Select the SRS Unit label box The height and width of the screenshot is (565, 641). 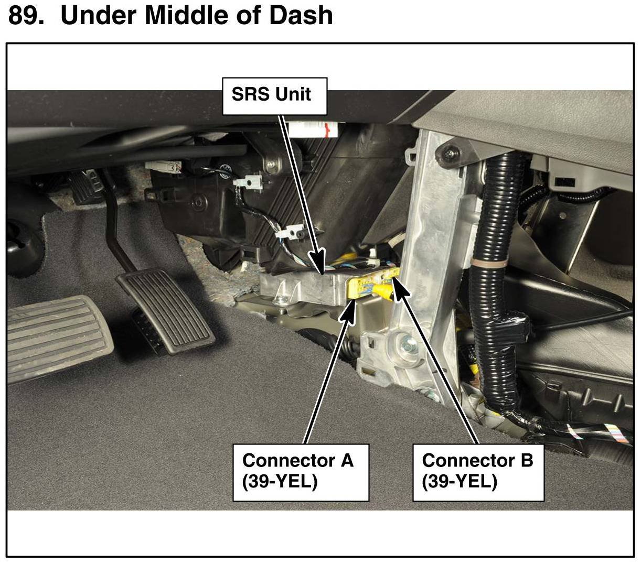[x=274, y=96]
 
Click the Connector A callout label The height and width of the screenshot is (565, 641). [x=301, y=472]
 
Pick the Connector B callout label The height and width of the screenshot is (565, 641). [x=477, y=472]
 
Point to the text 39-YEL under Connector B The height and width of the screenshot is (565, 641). [x=460, y=481]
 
